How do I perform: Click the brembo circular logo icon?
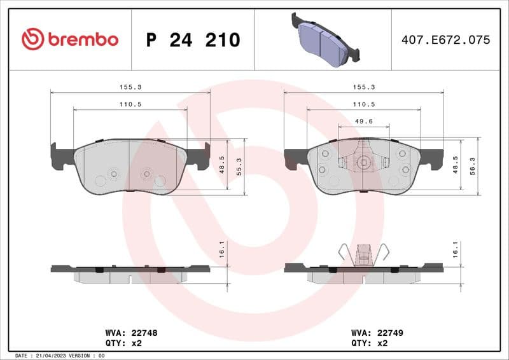coord(32,39)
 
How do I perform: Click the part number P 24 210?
coord(193,40)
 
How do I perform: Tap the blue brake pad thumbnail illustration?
coord(324,40)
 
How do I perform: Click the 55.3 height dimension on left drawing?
coord(239,166)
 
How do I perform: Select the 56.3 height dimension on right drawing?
coord(473,166)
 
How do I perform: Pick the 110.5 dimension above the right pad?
coord(363,103)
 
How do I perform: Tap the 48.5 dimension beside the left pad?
coord(222,164)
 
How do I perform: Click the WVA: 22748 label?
coord(131,332)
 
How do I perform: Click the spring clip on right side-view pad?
coord(363,254)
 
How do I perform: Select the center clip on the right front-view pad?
coord(363,162)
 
